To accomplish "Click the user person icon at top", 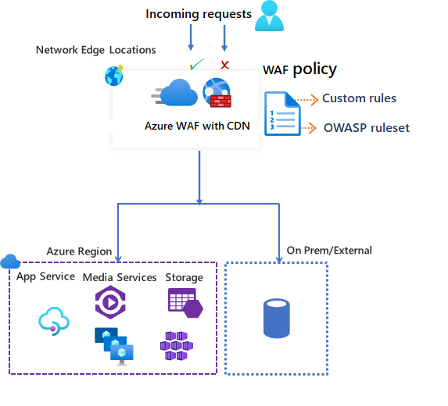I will tap(269, 16).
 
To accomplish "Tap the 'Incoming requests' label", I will tap(199, 14).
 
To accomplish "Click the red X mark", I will tap(224, 64).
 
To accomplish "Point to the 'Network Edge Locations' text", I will tap(95, 50).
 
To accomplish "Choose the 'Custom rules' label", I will tap(359, 98).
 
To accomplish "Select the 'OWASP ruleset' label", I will tap(366, 128).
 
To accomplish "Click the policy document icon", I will tap(279, 114).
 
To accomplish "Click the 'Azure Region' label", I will tap(79, 251).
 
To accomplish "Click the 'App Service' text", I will tap(46, 276).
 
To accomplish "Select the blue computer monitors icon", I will tap(113, 344).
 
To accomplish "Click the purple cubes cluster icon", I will tap(176, 344).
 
